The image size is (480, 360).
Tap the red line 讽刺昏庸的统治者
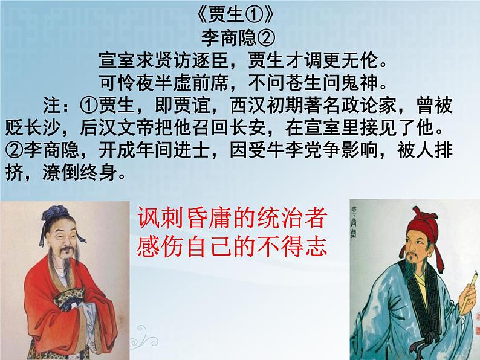[x=232, y=219]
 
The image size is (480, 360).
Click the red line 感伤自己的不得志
[x=232, y=246]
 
